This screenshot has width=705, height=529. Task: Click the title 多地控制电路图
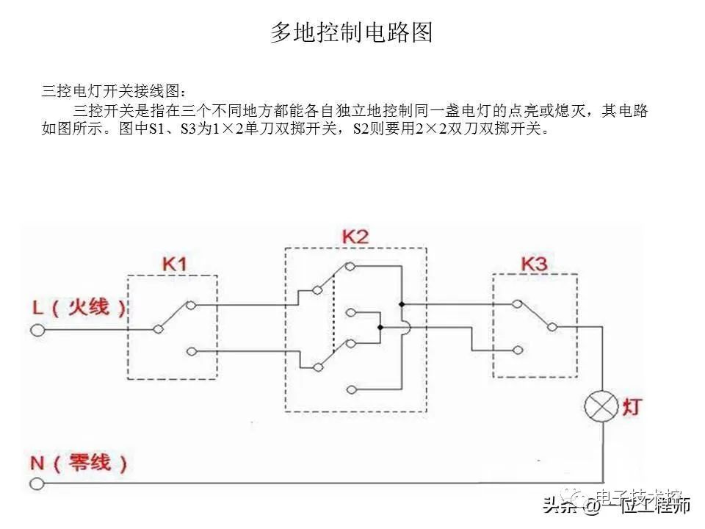click(352, 33)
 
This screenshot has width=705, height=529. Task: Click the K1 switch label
click(173, 263)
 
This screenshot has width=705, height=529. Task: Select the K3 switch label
click(534, 263)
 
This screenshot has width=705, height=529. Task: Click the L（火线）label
click(79, 307)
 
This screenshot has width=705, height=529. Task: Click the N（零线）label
click(79, 463)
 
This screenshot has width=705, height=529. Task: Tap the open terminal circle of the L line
click(37, 331)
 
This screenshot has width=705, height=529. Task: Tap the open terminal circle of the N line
click(37, 483)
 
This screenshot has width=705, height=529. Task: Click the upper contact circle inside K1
click(191, 304)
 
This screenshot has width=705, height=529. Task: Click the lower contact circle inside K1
click(191, 352)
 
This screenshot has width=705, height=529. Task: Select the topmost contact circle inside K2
click(350, 267)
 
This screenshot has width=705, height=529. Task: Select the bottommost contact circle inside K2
click(350, 389)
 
